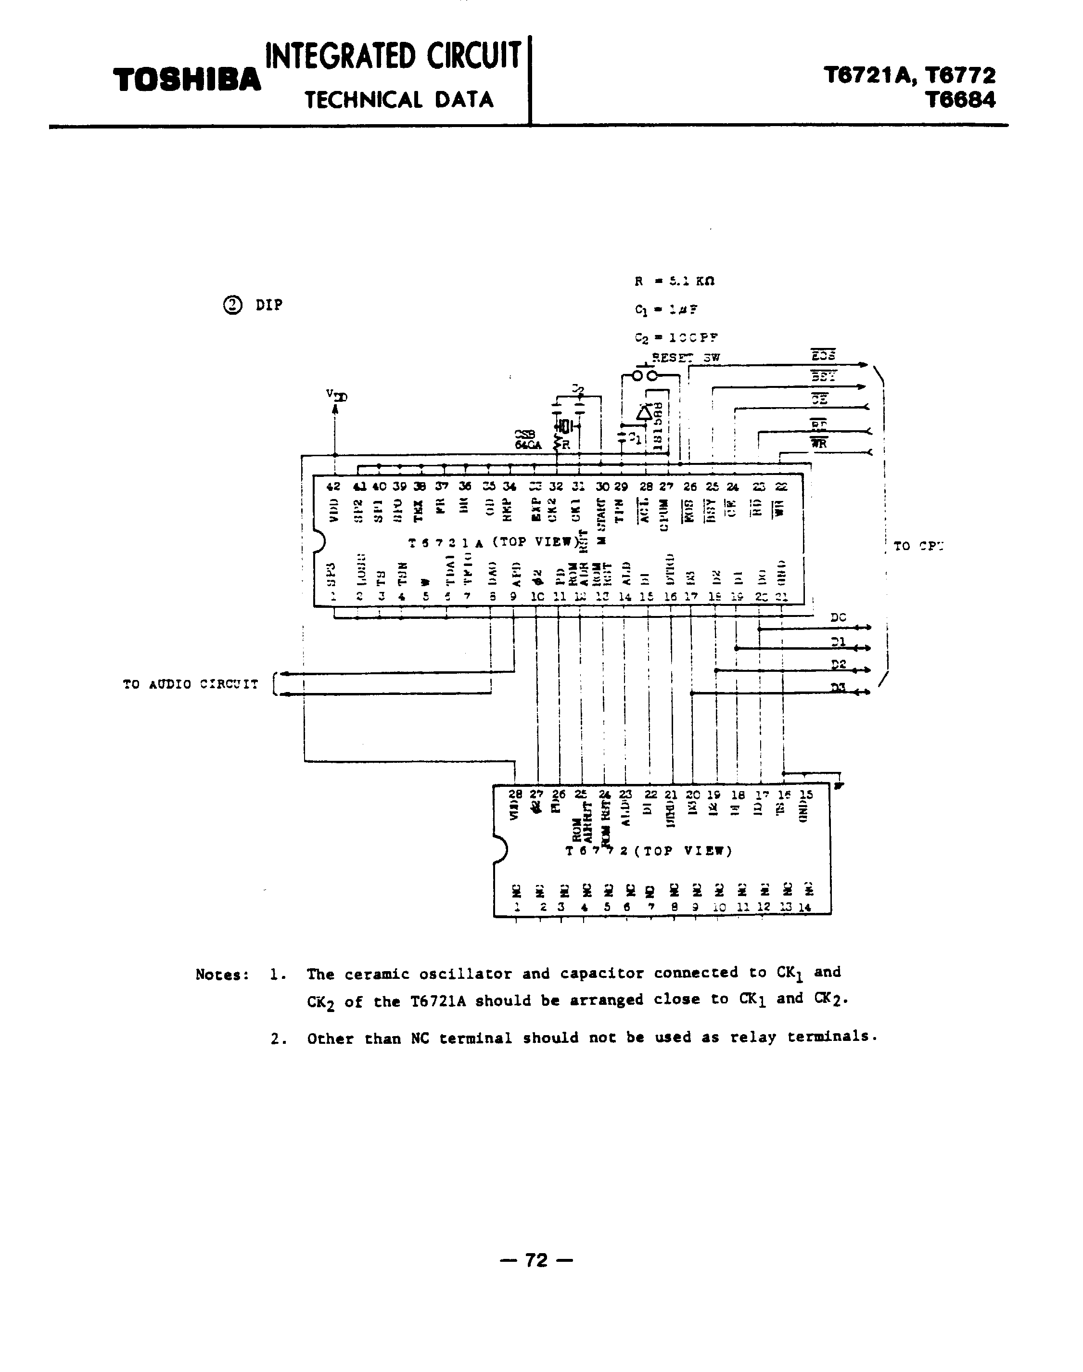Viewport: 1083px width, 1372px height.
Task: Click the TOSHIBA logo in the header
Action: click(x=187, y=80)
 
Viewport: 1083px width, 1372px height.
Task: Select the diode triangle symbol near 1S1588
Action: click(x=644, y=412)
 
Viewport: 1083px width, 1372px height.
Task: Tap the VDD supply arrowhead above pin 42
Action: click(x=335, y=409)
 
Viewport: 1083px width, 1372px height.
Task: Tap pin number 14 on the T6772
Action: click(x=804, y=908)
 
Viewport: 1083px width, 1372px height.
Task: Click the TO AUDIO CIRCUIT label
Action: click(x=190, y=684)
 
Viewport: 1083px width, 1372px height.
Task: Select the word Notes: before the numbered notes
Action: click(x=223, y=975)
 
